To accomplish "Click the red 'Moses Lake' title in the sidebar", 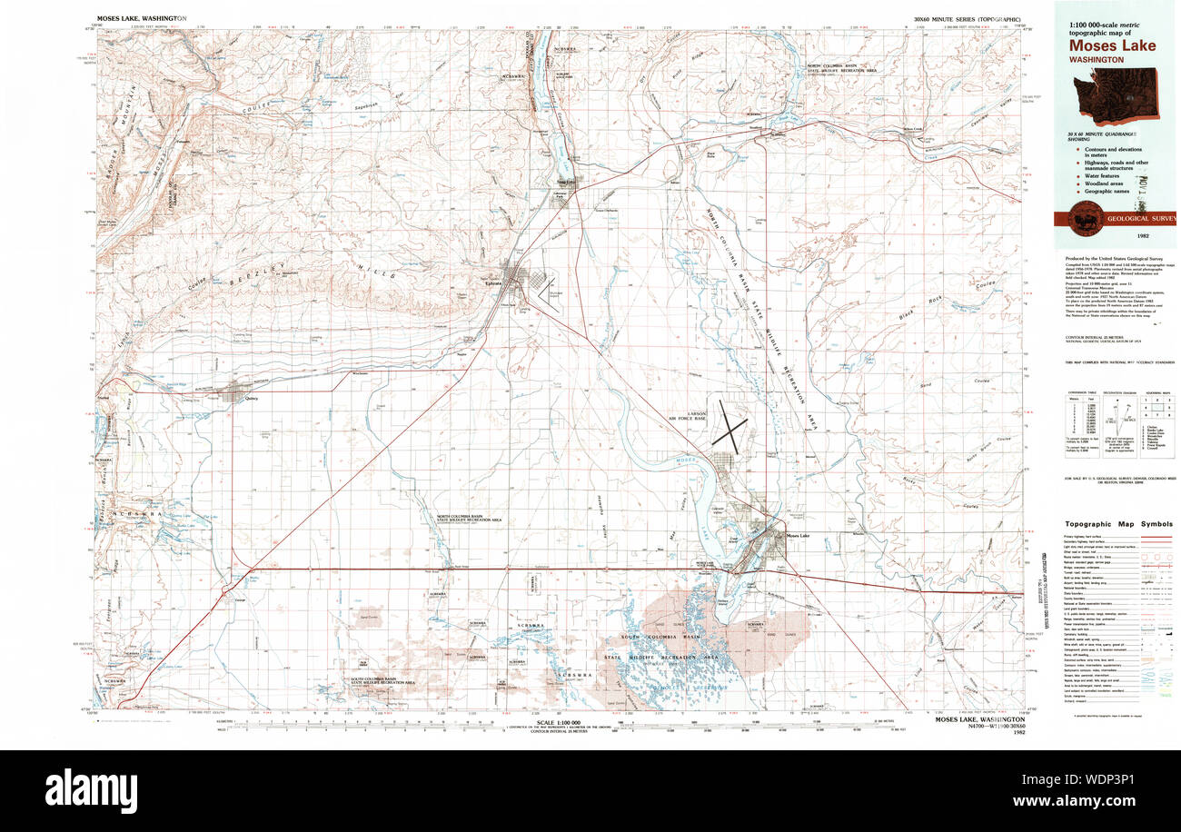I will pos(1111,46).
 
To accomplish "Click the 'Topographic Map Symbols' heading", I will pos(1117,524).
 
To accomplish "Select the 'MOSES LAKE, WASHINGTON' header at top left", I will pos(141,18).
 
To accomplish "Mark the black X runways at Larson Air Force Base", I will pos(729,424).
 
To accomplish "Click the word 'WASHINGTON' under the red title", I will pos(1097,60).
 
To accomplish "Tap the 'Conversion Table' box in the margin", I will pos(1079,417).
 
